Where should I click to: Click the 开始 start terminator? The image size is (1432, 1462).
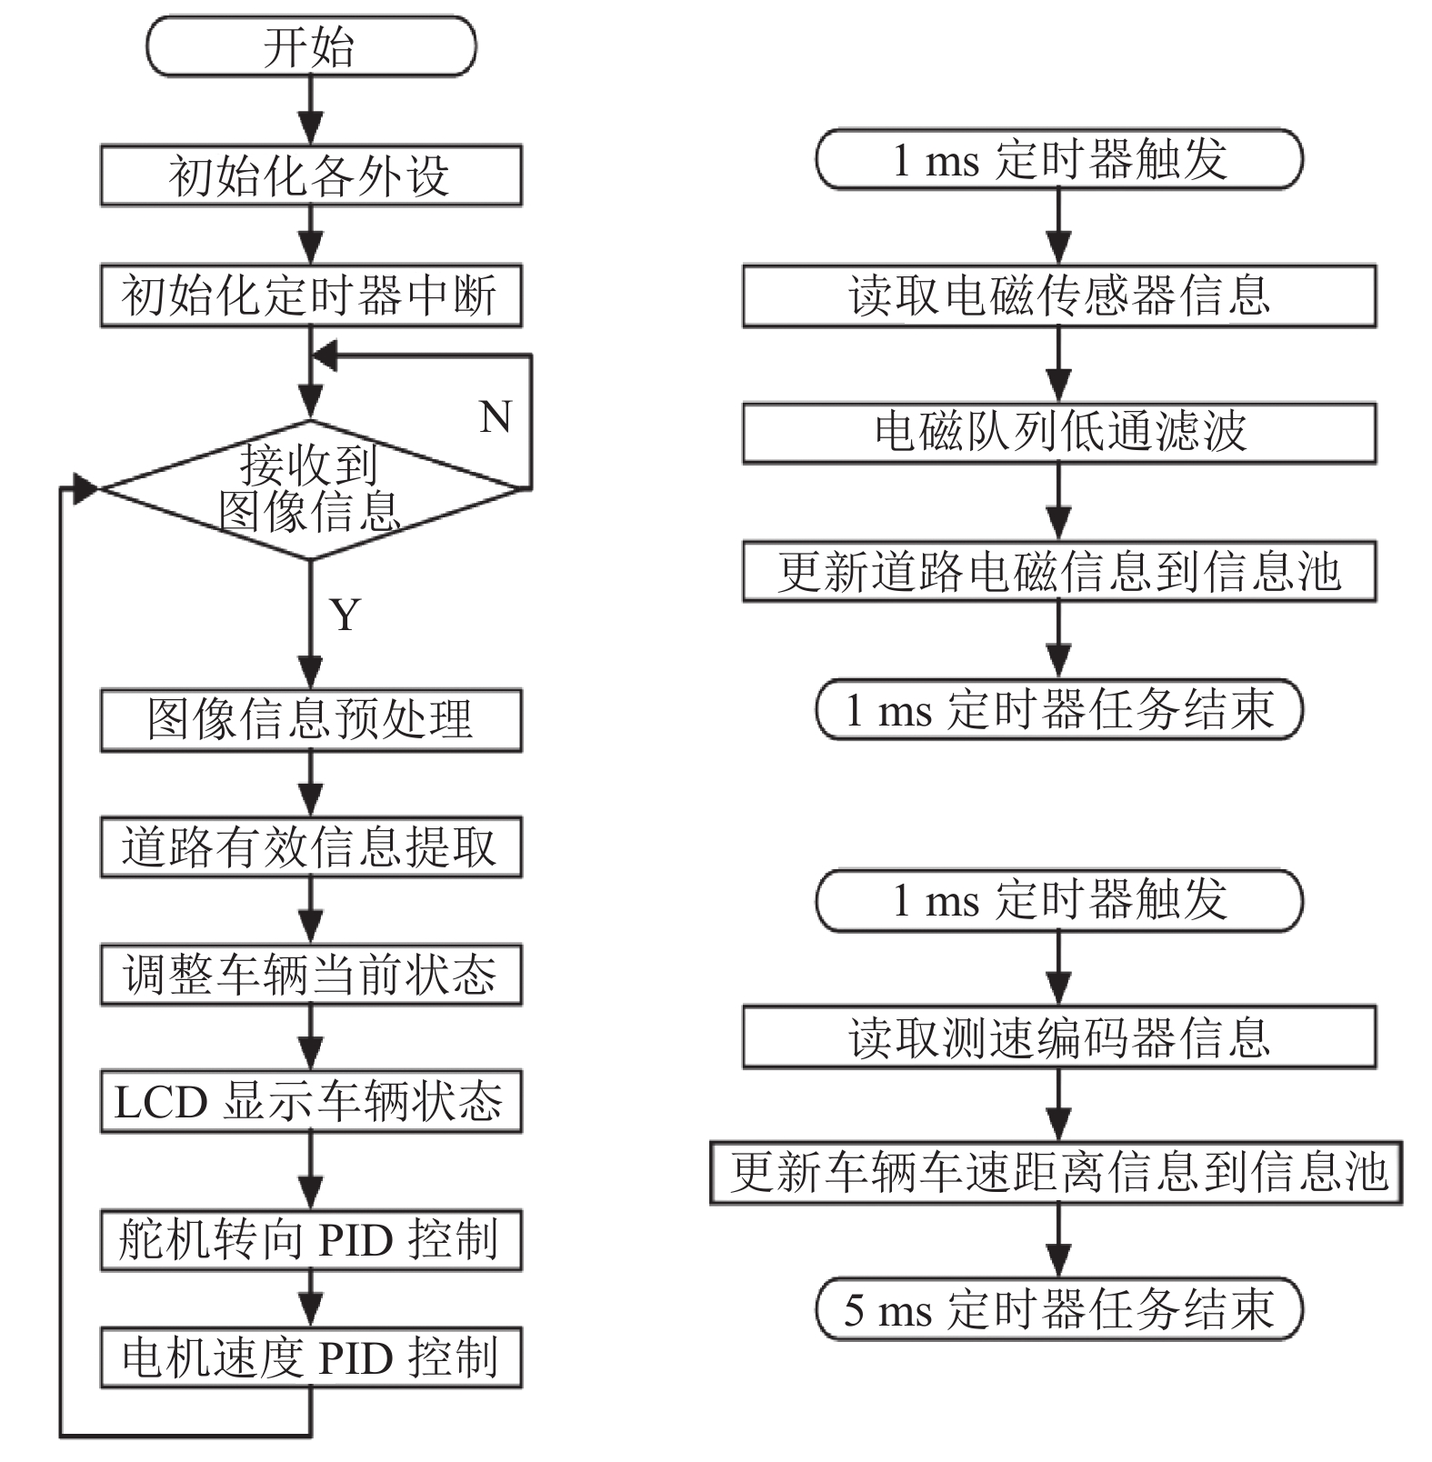(x=311, y=46)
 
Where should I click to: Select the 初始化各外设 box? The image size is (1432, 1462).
(x=311, y=175)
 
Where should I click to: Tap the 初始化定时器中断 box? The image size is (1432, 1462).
(x=311, y=295)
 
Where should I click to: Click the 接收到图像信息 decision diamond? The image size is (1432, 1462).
(x=311, y=489)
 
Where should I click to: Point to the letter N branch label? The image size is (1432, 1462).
(x=496, y=417)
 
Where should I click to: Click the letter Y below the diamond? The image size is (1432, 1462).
(x=345, y=615)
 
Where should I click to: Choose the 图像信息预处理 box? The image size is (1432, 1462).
(x=311, y=720)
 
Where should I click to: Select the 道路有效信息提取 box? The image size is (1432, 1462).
(x=311, y=847)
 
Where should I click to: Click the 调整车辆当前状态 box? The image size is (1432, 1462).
(x=311, y=975)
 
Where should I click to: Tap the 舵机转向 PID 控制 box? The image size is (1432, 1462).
(x=311, y=1240)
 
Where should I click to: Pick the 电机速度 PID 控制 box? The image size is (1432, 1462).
(x=311, y=1357)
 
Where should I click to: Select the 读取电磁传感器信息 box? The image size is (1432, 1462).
(x=1059, y=295)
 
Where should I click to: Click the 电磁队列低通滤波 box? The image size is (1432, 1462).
(x=1059, y=433)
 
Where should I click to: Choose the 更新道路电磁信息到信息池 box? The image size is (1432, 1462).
(x=1059, y=571)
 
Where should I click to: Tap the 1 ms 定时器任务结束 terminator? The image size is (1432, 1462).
(x=1059, y=709)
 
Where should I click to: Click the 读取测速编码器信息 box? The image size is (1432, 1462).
(x=1059, y=1037)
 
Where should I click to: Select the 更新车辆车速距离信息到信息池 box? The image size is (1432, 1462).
(x=1056, y=1173)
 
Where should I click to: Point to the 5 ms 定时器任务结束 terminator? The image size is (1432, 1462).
(x=1059, y=1309)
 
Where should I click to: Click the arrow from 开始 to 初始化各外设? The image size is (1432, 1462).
(x=311, y=110)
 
